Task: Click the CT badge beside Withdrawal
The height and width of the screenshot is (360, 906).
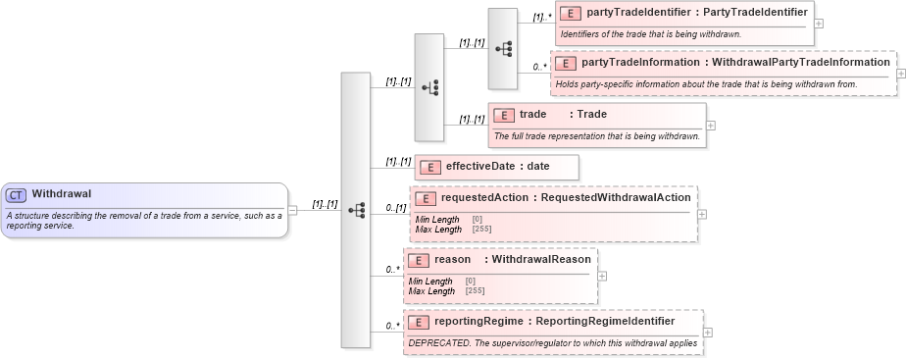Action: click(17, 194)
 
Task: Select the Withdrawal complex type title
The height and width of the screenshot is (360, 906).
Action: click(61, 194)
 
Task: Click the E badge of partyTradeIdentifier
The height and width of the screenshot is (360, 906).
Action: click(571, 13)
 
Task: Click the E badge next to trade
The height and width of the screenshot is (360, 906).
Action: click(504, 114)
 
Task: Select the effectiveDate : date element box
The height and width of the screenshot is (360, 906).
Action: click(496, 167)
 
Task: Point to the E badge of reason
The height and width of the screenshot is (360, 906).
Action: click(419, 260)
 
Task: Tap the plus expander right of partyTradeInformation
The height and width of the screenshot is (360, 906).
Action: click(901, 73)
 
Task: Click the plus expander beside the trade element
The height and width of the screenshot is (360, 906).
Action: click(711, 125)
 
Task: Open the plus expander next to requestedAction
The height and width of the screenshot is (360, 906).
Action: click(702, 213)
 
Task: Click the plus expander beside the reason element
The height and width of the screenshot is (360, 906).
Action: click(602, 275)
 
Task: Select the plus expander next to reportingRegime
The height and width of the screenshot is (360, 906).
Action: click(709, 332)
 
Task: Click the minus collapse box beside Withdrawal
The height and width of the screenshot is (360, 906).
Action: click(293, 210)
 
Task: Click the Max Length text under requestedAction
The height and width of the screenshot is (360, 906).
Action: click(437, 230)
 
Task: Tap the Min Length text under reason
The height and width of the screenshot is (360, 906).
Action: click(429, 282)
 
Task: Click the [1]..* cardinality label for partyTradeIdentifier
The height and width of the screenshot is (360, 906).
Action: click(542, 17)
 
